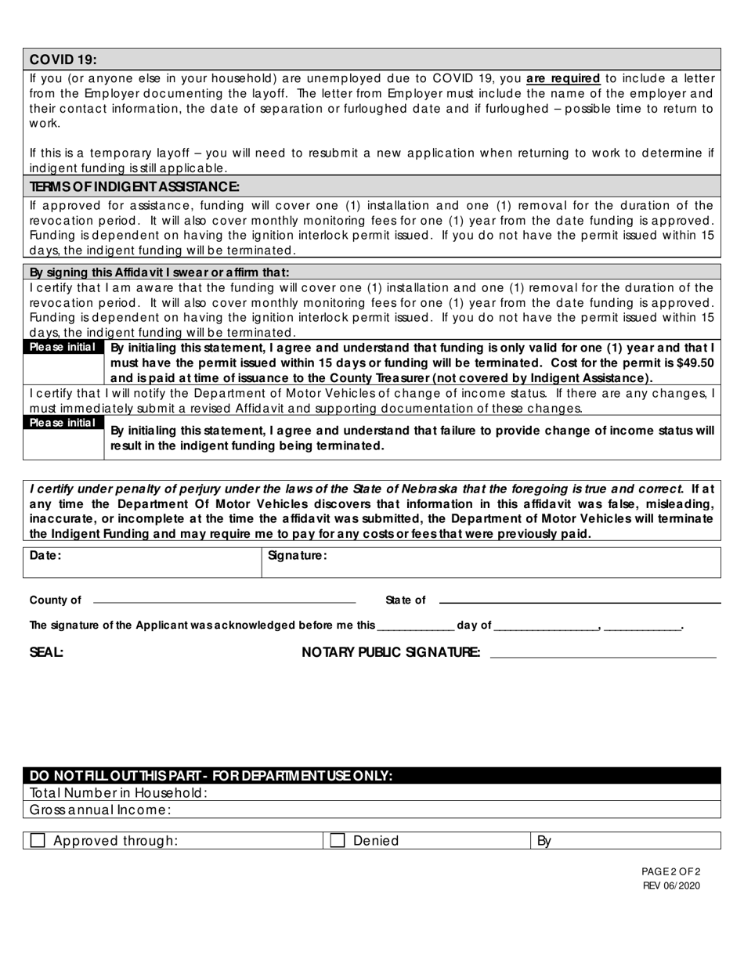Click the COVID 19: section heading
(x=63, y=60)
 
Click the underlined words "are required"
(x=563, y=78)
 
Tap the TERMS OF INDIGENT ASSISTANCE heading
(x=134, y=186)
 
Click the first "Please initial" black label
(x=63, y=347)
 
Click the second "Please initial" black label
(x=63, y=423)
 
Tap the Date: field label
(x=45, y=555)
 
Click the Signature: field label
(x=297, y=555)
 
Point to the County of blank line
(x=224, y=602)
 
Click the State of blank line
(x=580, y=602)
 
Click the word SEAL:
(x=46, y=652)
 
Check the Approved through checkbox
(x=38, y=840)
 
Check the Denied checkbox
(x=338, y=840)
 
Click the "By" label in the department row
(x=544, y=841)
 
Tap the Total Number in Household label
(x=118, y=792)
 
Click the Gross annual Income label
(x=99, y=810)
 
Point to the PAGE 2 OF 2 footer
(x=671, y=871)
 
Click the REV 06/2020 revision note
(x=671, y=885)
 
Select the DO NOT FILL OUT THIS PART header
(x=211, y=776)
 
